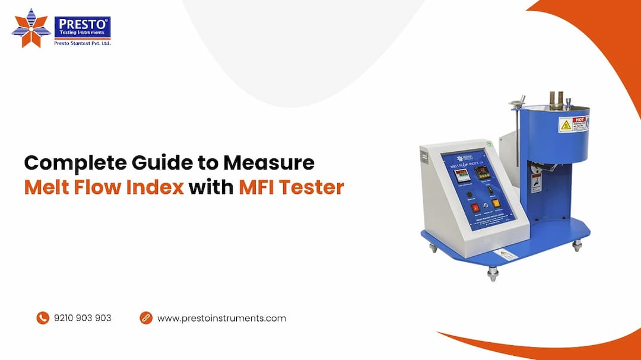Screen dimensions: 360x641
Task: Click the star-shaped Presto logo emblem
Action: [x=31, y=28]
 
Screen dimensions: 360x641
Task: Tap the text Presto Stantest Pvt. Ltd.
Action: [x=82, y=43]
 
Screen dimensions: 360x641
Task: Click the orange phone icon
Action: [x=42, y=318]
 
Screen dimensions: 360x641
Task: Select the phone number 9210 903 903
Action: [x=82, y=318]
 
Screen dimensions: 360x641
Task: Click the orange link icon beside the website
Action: [x=146, y=318]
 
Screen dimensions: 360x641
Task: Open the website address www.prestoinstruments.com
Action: [x=221, y=318]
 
